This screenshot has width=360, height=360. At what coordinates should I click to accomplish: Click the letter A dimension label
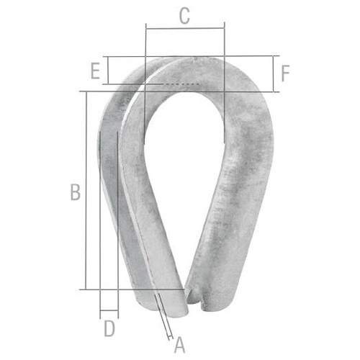pyautogui.click(x=180, y=345)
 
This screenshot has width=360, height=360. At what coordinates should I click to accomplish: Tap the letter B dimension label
pyautogui.click(x=76, y=192)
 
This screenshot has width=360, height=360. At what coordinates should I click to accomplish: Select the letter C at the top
pyautogui.click(x=184, y=16)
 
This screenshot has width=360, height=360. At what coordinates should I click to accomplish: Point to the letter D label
pyautogui.click(x=109, y=328)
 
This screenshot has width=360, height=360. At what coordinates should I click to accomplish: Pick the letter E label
pyautogui.click(x=95, y=71)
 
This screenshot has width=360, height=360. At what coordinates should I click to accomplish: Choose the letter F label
pyautogui.click(x=285, y=73)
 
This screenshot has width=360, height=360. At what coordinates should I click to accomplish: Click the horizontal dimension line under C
pyautogui.click(x=185, y=29)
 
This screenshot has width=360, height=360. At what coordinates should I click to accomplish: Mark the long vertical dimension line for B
pyautogui.click(x=86, y=191)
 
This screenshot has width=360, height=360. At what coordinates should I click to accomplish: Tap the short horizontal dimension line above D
pyautogui.click(x=109, y=310)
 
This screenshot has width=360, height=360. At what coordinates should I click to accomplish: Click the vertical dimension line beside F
pyautogui.click(x=273, y=73)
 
